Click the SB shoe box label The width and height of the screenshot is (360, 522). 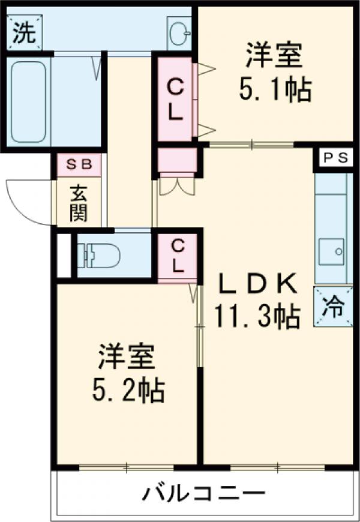[79, 164]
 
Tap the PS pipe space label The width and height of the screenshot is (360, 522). [335, 158]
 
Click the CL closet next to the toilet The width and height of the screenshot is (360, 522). [178, 256]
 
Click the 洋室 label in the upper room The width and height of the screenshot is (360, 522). [273, 56]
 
